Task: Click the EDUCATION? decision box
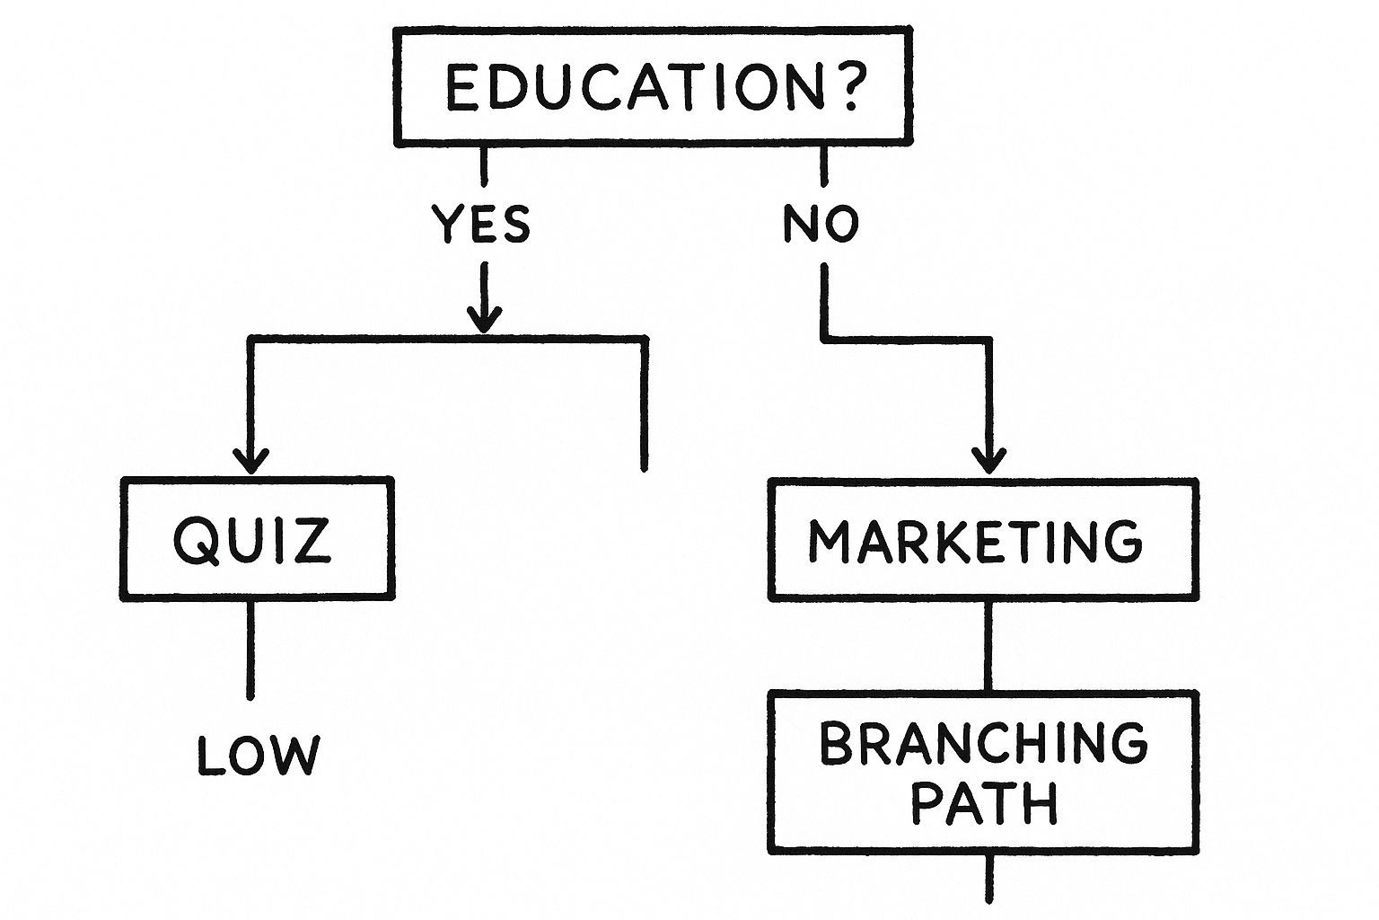point(653,86)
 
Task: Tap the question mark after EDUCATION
point(847,87)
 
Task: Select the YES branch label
point(481,224)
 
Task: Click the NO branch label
point(821,224)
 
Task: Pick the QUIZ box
point(257,539)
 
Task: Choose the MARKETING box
point(984,539)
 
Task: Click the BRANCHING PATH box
point(984,772)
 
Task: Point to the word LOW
point(258,756)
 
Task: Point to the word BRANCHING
point(984,744)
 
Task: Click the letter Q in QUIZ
point(197,540)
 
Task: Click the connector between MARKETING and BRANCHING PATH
point(988,645)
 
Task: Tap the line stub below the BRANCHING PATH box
point(989,878)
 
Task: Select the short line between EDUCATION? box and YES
point(484,165)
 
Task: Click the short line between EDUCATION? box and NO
point(823,165)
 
